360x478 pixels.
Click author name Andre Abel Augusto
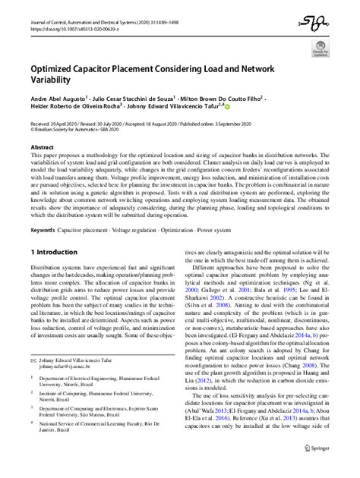coord(57,98)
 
